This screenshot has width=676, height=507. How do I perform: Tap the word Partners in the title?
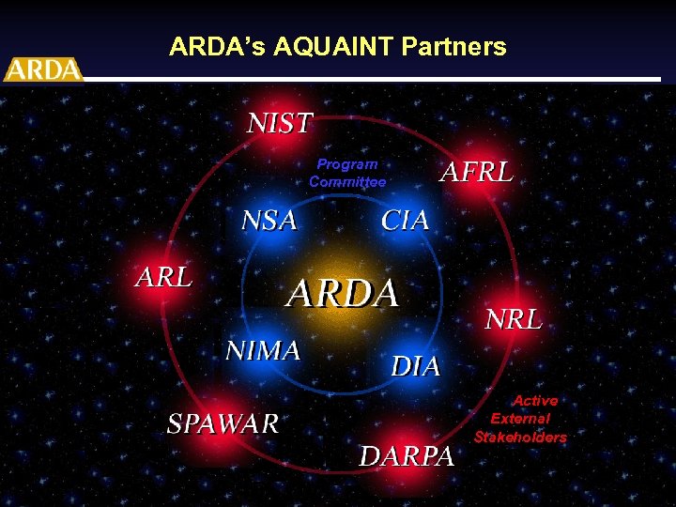click(x=459, y=47)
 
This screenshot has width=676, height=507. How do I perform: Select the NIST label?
click(x=280, y=123)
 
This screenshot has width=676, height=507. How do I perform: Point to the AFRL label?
click(x=477, y=172)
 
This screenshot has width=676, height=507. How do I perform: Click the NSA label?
click(x=269, y=221)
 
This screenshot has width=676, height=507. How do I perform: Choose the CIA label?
click(x=405, y=221)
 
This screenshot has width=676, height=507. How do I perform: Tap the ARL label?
click(x=164, y=277)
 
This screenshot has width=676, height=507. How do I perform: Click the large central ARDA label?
click(x=343, y=294)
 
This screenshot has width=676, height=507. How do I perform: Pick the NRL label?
click(x=514, y=319)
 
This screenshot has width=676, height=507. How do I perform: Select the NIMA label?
click(x=263, y=350)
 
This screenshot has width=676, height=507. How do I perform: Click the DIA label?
click(x=415, y=366)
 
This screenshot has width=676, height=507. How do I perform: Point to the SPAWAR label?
click(x=223, y=423)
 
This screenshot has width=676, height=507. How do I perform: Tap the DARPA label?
click(x=407, y=456)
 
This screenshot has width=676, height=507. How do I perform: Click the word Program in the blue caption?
click(x=347, y=164)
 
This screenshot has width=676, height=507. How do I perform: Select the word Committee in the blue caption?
click(x=347, y=182)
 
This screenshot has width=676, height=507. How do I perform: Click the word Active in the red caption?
click(x=535, y=401)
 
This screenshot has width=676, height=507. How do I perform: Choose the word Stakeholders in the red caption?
click(x=520, y=438)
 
